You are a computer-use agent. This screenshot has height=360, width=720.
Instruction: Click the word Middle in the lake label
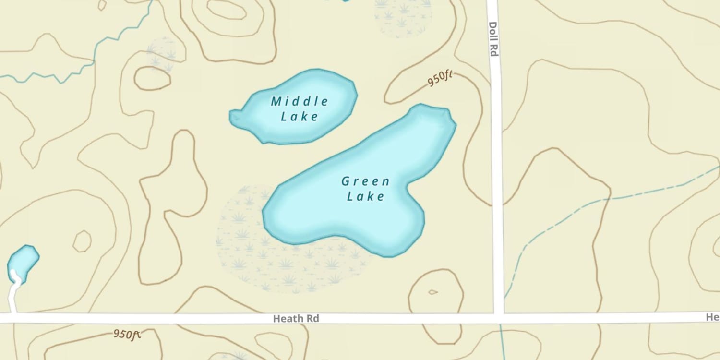(x=300, y=101)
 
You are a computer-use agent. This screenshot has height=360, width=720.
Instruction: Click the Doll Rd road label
(x=493, y=39)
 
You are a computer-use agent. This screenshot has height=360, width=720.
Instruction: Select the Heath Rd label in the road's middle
(x=296, y=318)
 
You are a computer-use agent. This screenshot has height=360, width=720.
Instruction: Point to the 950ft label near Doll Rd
(x=441, y=79)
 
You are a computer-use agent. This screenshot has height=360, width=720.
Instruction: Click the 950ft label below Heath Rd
(x=127, y=334)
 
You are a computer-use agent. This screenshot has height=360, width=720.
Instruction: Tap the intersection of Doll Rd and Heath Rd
(x=499, y=318)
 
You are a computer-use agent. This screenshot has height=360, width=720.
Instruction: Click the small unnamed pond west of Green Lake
(x=22, y=262)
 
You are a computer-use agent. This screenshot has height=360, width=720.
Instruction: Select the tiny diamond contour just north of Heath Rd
(x=432, y=292)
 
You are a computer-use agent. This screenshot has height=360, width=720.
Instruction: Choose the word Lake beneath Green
(x=366, y=196)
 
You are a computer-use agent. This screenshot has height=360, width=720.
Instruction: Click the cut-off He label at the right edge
(x=712, y=317)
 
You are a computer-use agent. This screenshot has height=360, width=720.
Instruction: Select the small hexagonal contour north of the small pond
(x=82, y=241)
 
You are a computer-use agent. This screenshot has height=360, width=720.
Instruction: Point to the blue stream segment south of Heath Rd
(x=502, y=341)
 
